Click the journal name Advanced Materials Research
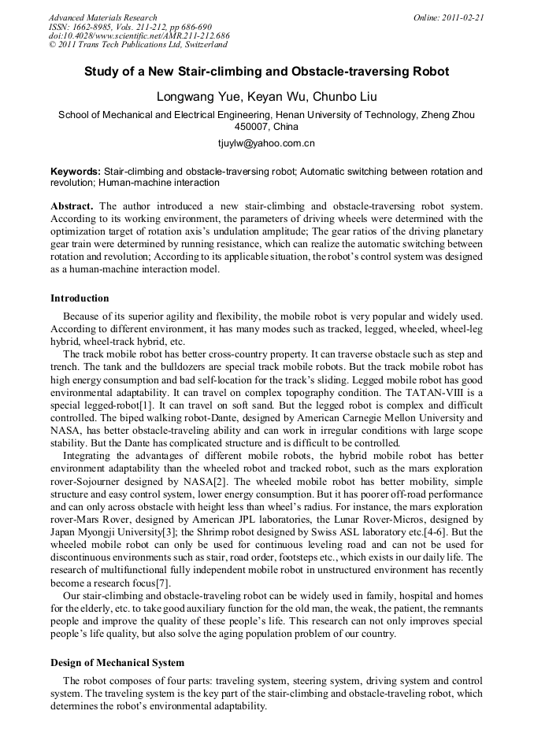pyautogui.click(x=102, y=17)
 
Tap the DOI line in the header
pyautogui.click(x=139, y=36)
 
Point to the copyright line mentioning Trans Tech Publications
pyautogui.click(x=132, y=46)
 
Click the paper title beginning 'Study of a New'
pyautogui.click(x=266, y=72)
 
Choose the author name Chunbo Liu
pyautogui.click(x=336, y=97)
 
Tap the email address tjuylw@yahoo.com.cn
pyautogui.click(x=266, y=144)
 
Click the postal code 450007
pyautogui.click(x=251, y=126)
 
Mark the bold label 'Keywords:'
pyautogui.click(x=76, y=171)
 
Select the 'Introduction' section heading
pyautogui.click(x=80, y=298)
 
